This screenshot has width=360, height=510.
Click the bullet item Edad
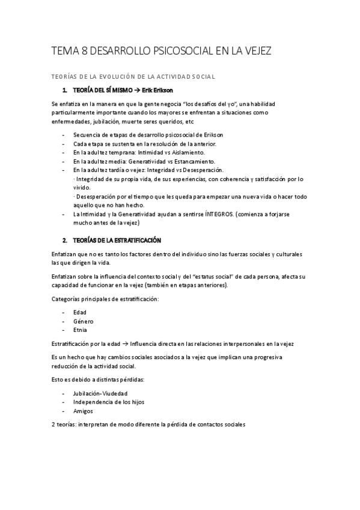(79, 312)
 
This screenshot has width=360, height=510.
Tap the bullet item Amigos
(83, 411)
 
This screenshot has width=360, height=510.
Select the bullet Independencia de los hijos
(108, 402)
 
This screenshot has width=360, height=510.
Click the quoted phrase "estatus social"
(212, 276)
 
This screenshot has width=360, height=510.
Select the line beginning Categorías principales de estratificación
(105, 299)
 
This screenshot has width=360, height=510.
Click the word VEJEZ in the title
(257, 52)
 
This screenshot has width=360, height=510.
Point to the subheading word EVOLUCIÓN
(108, 76)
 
